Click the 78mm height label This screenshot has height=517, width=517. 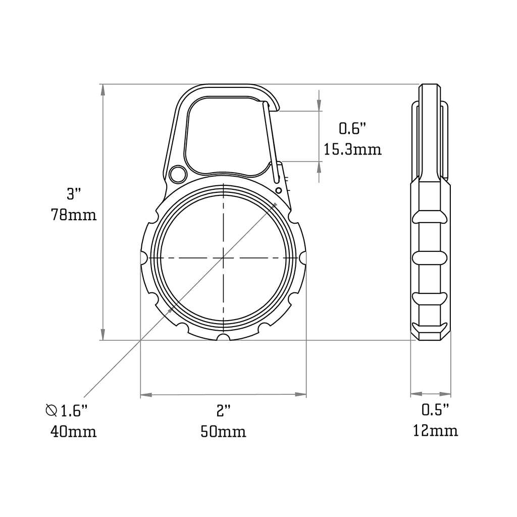pos(73,215)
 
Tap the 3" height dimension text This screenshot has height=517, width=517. pos(74,193)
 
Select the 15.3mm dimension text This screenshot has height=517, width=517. pos(352,150)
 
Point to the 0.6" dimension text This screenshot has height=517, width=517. pos(352,129)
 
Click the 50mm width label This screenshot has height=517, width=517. pos(223,432)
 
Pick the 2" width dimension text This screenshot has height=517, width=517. pos(223,411)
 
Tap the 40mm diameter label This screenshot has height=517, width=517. pos(73,432)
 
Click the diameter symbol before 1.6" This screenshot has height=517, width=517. pos(51,410)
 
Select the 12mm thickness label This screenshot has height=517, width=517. pos(435,431)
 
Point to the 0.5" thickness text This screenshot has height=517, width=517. pos(435,410)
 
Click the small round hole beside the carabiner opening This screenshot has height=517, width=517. pos(177,175)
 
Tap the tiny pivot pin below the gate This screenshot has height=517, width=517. pos(278,190)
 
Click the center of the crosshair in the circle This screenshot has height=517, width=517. pos(223,258)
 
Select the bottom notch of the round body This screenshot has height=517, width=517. pos(223,337)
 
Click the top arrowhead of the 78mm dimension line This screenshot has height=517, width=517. pos(103,90)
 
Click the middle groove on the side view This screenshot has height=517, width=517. pos(430,258)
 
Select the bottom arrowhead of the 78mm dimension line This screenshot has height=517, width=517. pos(103,335)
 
